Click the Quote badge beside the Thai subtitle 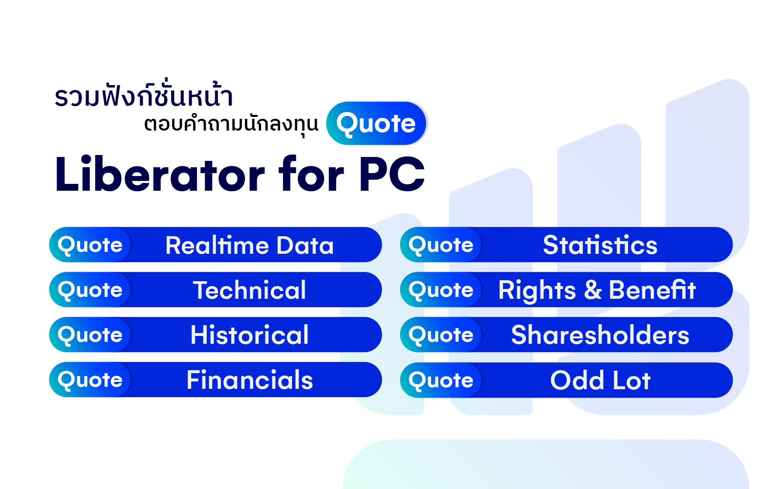(x=376, y=123)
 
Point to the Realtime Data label (x=249, y=245)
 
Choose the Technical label (x=249, y=290)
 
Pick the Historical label (x=249, y=334)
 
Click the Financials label (x=250, y=379)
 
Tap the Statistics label (x=600, y=245)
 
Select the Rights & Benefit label (x=597, y=290)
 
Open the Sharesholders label (x=600, y=334)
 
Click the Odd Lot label (x=600, y=380)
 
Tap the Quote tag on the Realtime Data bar (x=90, y=245)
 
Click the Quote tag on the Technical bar (x=90, y=290)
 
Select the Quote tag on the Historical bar (x=90, y=334)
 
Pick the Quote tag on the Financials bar (x=90, y=379)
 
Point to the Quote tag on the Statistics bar (x=441, y=245)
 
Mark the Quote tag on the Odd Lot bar (x=441, y=380)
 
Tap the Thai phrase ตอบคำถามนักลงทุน (x=231, y=124)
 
